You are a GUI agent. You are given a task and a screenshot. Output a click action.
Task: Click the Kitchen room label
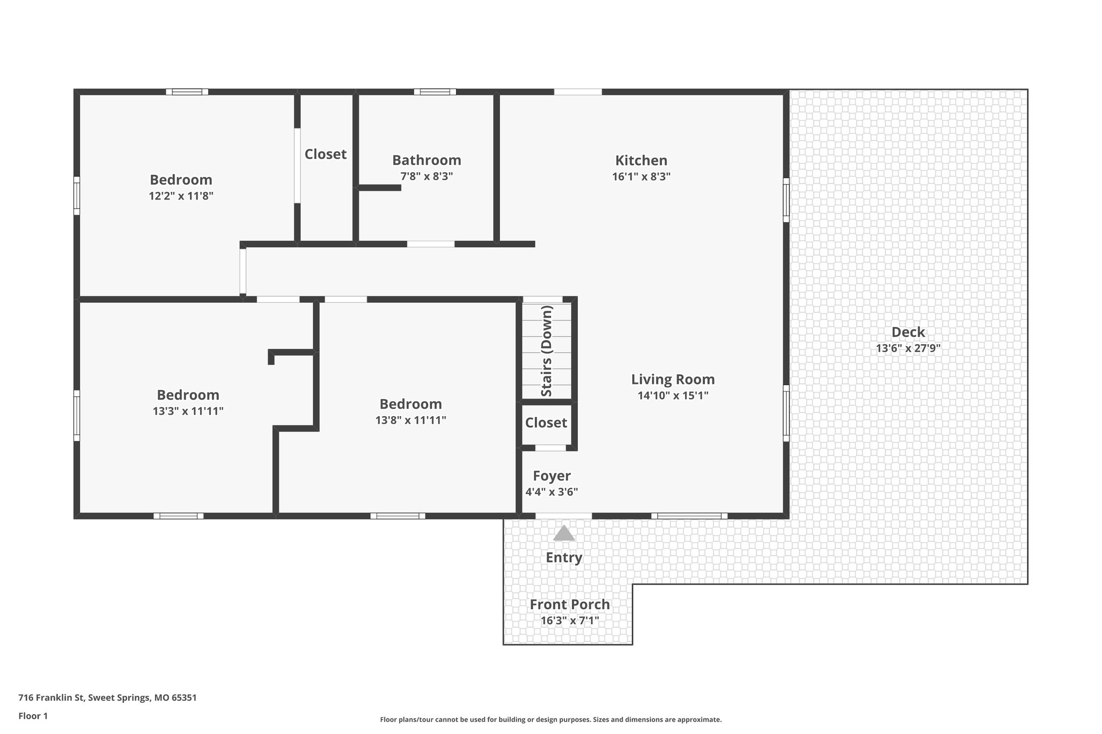(641, 160)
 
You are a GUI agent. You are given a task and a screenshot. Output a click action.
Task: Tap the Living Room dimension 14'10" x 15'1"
(673, 396)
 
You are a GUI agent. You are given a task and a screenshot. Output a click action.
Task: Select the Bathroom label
(426, 160)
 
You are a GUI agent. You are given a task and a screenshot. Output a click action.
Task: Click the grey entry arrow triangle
(564, 533)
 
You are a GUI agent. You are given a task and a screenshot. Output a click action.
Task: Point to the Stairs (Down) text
(547, 351)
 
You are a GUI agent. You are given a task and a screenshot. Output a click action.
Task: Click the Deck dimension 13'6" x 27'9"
(908, 348)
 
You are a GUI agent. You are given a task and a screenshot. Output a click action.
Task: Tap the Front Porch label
(569, 604)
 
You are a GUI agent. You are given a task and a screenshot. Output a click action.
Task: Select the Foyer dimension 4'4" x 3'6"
(552, 491)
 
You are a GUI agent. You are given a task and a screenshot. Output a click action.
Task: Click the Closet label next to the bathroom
(326, 154)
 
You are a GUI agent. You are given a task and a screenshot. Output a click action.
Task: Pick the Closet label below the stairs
(546, 423)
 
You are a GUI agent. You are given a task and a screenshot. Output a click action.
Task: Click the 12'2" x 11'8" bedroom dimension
(181, 196)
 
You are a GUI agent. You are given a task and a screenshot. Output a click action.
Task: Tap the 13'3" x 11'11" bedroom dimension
(188, 411)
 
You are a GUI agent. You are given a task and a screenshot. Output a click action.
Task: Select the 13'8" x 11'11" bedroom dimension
(411, 420)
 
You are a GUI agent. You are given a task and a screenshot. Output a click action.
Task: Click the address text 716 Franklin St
(107, 698)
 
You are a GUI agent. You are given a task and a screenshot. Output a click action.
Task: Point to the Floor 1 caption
(33, 716)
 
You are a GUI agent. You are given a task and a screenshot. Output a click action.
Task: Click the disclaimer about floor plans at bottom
(550, 719)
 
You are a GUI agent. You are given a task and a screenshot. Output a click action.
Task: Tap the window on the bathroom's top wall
(435, 92)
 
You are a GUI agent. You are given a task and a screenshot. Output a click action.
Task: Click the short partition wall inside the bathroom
(379, 188)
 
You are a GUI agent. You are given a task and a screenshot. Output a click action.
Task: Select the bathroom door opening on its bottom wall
(430, 244)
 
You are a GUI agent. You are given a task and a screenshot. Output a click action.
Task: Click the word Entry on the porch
(564, 558)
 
